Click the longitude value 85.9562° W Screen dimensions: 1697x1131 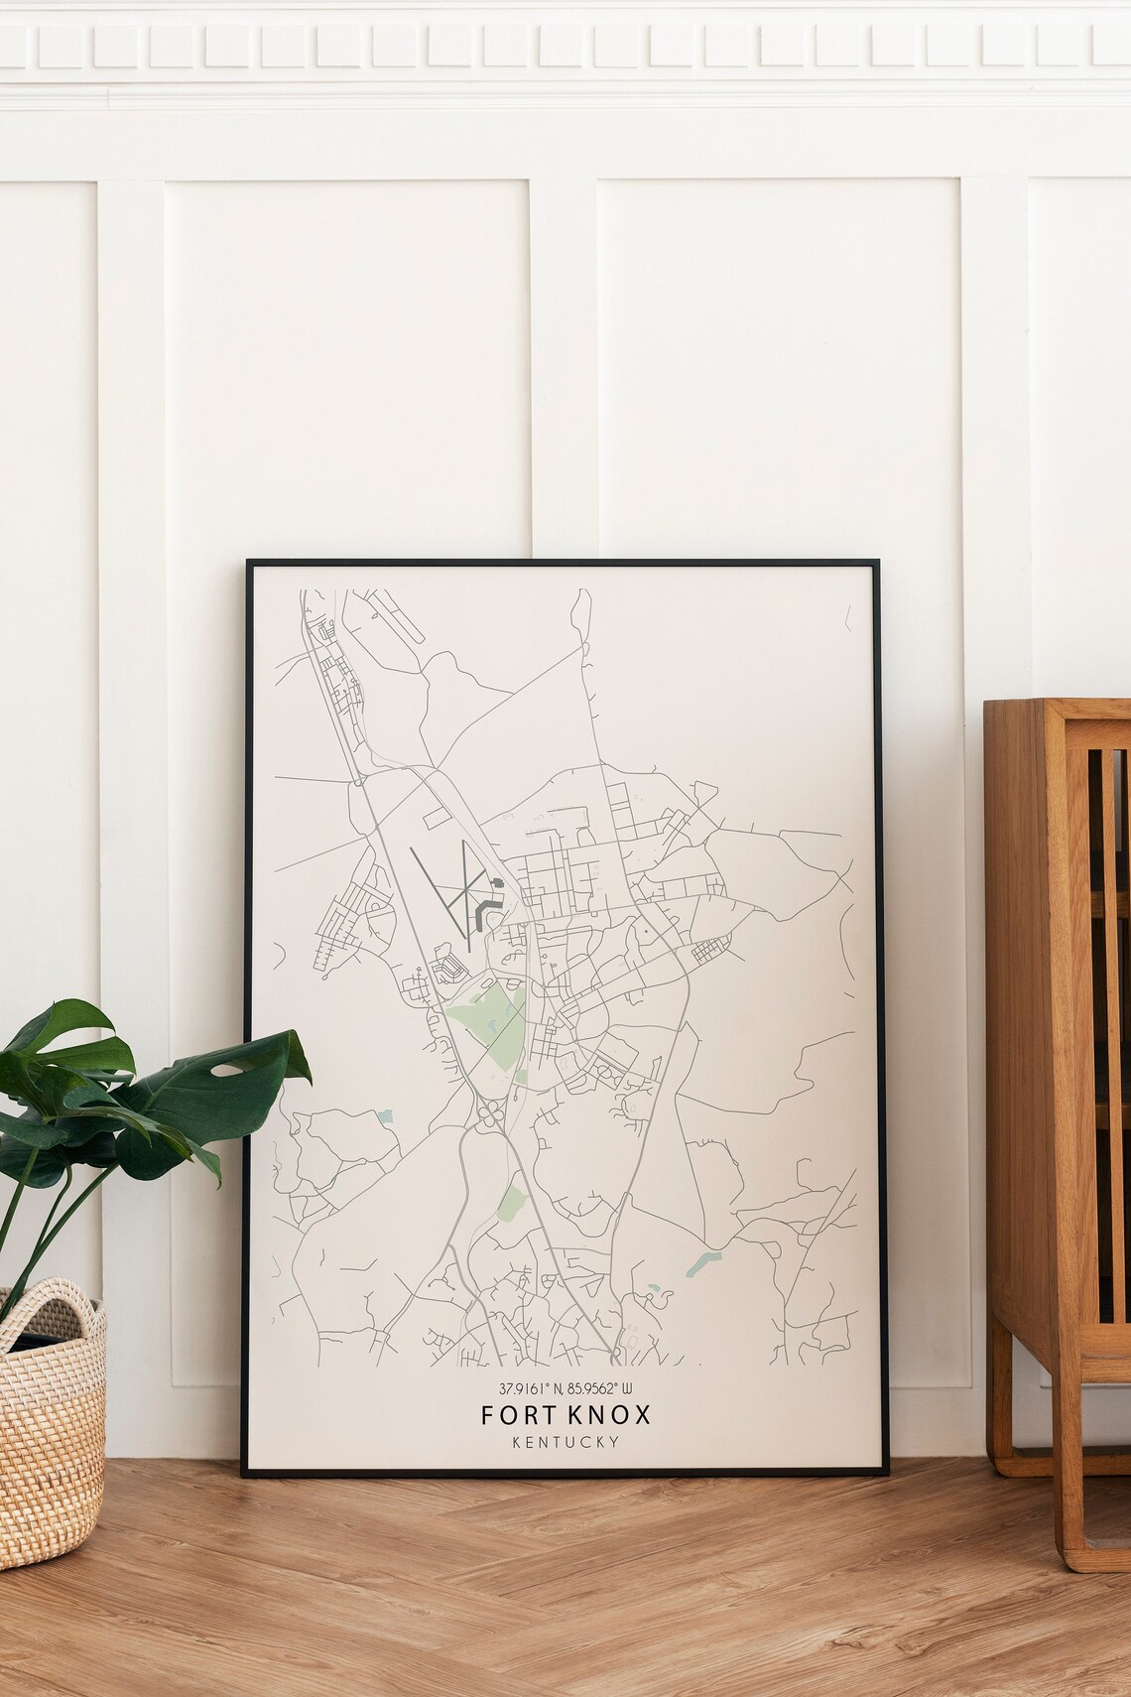click(x=606, y=1389)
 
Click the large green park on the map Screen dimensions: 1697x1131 click(x=482, y=1022)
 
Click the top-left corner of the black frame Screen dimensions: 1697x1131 click(x=249, y=563)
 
